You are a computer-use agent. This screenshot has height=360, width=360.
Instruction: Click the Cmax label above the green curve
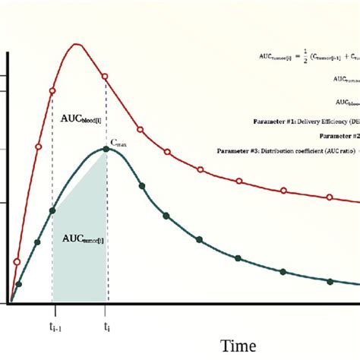[118, 142]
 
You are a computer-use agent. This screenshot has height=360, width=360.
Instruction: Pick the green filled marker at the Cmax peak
[106, 149]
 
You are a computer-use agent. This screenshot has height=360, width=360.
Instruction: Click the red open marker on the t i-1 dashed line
[52, 91]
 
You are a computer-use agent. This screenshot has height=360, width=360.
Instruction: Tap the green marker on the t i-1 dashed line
[52, 210]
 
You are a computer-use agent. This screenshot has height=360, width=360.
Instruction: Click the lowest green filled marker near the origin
[19, 285]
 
